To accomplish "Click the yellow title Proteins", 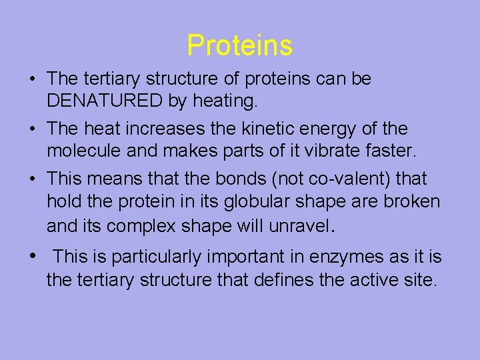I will pyautogui.click(x=239, y=45).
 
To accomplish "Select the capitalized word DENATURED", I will pyautogui.click(x=105, y=101).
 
